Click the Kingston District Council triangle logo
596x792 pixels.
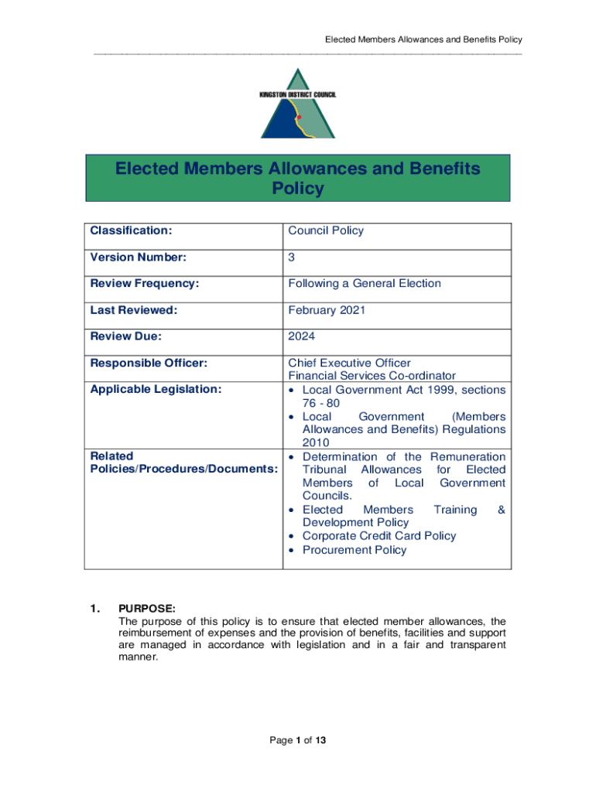pyautogui.click(x=298, y=104)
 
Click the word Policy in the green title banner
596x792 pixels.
pyautogui.click(x=298, y=189)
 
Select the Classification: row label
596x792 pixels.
pyautogui.click(x=131, y=230)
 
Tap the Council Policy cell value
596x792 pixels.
pyautogui.click(x=326, y=230)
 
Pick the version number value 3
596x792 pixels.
pyautogui.click(x=292, y=257)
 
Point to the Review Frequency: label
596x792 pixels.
pyautogui.click(x=145, y=283)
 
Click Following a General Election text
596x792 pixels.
pyautogui.click(x=365, y=283)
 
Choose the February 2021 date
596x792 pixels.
pyautogui.click(x=327, y=310)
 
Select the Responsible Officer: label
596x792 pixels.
pyautogui.click(x=149, y=363)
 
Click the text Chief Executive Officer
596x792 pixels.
pyautogui.click(x=349, y=363)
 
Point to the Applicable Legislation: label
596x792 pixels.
pyautogui.click(x=156, y=389)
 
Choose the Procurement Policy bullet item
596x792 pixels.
pyautogui.click(x=354, y=550)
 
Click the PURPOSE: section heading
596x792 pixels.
pyautogui.click(x=147, y=609)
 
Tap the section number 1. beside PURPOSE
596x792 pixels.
pyautogui.click(x=95, y=609)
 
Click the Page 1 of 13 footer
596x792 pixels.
pyautogui.click(x=298, y=740)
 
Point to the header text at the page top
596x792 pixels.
pyautogui.click(x=423, y=39)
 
